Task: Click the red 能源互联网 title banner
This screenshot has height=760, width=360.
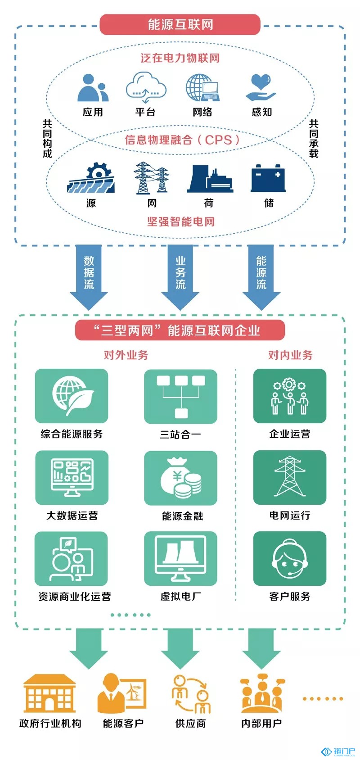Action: (x=180, y=24)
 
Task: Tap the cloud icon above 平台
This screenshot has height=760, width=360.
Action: (x=146, y=87)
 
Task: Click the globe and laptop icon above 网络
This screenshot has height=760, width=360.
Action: (x=202, y=87)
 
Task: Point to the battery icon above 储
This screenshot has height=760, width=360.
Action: (x=268, y=178)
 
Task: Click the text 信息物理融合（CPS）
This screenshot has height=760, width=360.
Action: (x=182, y=140)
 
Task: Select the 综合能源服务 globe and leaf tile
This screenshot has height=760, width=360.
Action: (x=72, y=396)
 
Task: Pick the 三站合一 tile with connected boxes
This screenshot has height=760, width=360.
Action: (x=181, y=396)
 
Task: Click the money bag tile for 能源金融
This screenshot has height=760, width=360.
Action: (x=181, y=478)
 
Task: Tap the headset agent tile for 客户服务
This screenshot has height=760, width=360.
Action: (x=290, y=558)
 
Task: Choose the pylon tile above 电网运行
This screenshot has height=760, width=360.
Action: (x=290, y=477)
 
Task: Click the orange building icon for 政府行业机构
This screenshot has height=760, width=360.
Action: (x=49, y=693)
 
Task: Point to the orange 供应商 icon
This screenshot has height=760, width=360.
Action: (x=191, y=694)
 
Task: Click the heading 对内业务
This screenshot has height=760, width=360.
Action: (x=290, y=355)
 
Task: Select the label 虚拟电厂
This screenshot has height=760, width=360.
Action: (x=181, y=597)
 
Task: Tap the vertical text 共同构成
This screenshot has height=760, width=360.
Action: (x=47, y=138)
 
